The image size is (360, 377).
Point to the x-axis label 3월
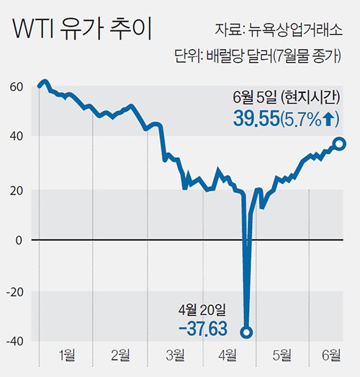pos(175,354)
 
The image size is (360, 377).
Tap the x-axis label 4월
pos(229,354)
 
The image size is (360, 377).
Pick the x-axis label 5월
pos(283,354)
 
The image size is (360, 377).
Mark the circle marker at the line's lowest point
pos(246,332)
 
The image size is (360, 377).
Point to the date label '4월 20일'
pos(202,311)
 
